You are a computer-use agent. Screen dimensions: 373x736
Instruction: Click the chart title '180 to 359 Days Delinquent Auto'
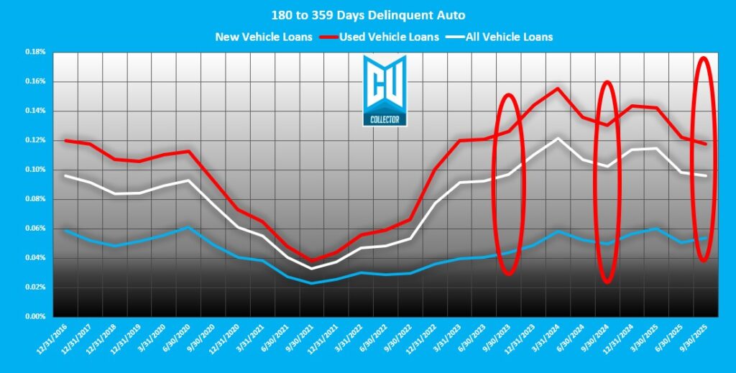coord(368,15)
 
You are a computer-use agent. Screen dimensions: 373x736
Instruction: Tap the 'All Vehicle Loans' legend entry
coord(508,37)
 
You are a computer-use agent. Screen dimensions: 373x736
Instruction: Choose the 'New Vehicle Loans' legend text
coord(263,37)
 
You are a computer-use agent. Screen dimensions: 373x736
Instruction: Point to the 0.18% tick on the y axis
coord(34,52)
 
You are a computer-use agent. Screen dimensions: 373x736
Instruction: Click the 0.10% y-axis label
coord(34,170)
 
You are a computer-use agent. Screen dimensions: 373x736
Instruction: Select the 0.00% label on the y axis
coord(34,316)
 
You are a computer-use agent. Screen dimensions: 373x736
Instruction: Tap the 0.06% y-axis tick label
coord(34,229)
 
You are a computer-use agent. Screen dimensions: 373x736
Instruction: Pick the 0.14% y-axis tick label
coord(34,111)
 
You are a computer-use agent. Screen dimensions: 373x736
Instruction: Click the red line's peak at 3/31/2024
coord(558,88)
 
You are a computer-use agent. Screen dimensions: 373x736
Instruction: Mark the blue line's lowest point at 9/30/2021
coord(311,283)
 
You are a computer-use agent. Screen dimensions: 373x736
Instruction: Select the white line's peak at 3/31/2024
coord(558,138)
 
